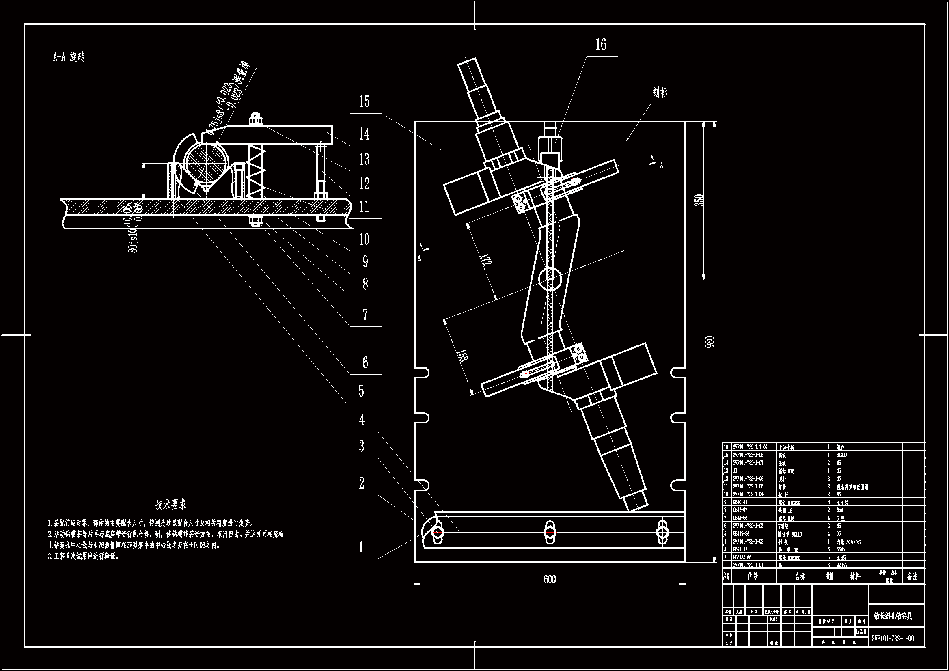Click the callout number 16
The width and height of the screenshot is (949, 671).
tap(601, 45)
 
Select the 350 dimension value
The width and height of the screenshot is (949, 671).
tap(699, 201)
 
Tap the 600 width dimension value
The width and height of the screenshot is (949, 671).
tap(550, 579)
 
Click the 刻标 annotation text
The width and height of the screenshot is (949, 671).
tap(660, 93)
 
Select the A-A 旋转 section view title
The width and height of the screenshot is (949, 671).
tap(69, 58)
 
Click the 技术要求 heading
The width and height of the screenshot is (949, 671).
tap(171, 505)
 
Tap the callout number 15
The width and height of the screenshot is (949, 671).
tap(364, 102)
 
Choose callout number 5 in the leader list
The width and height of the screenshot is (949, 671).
tap(361, 391)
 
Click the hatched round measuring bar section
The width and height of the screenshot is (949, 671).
tap(205, 162)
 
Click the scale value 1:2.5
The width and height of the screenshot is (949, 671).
tap(861, 632)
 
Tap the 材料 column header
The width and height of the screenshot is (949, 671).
tap(855, 576)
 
